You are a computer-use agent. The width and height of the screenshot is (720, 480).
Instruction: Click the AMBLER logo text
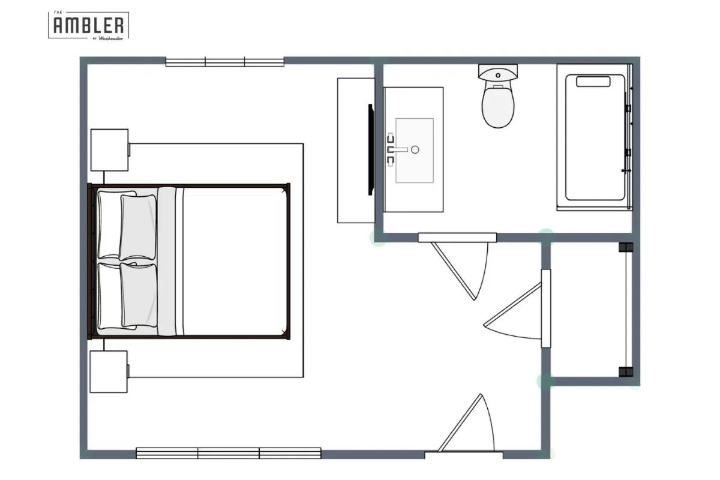(89, 25)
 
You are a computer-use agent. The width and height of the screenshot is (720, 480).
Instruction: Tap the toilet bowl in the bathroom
(499, 107)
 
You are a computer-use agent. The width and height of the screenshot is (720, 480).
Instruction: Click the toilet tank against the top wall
(498, 73)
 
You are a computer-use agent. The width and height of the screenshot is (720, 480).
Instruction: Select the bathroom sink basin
(414, 150)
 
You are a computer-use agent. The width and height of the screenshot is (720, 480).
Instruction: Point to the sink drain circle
(415, 150)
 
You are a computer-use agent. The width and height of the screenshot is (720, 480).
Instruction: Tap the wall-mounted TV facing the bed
(371, 149)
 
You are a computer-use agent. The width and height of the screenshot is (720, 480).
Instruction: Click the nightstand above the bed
(109, 150)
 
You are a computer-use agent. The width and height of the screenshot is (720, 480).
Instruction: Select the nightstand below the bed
(109, 371)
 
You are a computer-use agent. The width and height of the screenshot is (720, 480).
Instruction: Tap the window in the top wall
(225, 62)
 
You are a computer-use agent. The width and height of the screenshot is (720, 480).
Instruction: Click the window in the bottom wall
(229, 453)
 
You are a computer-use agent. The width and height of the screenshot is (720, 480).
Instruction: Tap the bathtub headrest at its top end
(593, 81)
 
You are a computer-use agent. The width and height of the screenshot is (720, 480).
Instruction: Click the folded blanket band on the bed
(167, 261)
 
